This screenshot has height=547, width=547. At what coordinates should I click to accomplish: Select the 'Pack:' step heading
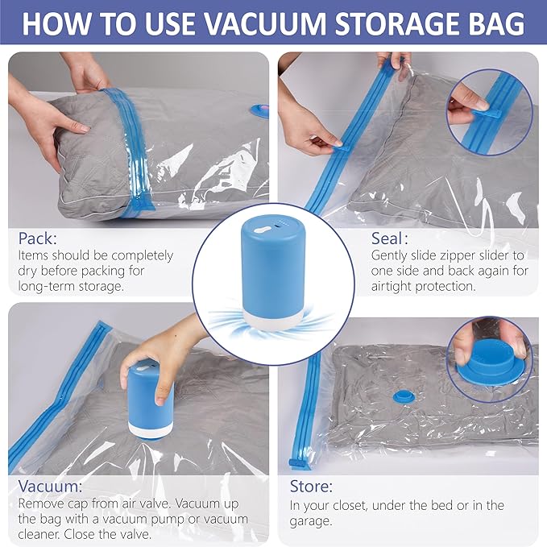pos(36,239)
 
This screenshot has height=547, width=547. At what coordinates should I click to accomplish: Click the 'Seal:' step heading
pos(389,239)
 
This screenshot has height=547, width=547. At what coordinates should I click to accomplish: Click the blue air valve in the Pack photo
pos(259,109)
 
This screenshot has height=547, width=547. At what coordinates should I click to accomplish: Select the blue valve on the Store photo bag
pos(400,396)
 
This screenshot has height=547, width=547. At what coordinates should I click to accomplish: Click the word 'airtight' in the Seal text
pos(392,286)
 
